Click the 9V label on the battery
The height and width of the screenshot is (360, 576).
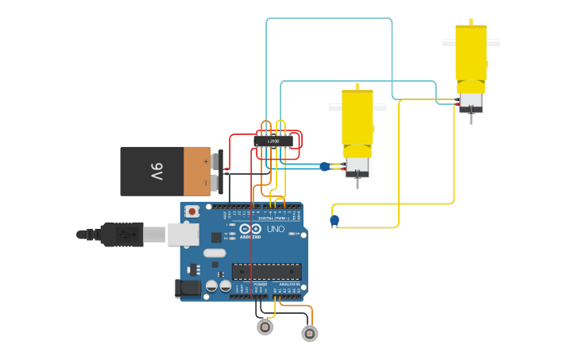pos(157,171)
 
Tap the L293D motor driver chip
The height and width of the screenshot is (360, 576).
pos(273,141)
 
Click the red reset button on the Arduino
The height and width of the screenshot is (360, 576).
pos(191,211)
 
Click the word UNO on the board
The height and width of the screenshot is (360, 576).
pos(275,229)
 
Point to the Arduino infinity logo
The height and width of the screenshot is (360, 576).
pos(245,230)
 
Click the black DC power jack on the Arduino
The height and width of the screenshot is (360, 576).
pos(187,288)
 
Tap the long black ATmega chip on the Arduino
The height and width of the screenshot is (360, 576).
pos(266,271)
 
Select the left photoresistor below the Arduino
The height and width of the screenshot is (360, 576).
pos(265,327)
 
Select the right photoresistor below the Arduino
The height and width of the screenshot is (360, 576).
pos(310,334)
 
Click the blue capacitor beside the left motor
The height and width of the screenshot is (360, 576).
pos(324,166)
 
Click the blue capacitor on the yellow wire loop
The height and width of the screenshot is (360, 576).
pos(334,220)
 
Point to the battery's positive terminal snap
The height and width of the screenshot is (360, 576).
pos(216,161)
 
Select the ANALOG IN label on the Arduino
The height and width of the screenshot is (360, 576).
pos(288,284)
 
